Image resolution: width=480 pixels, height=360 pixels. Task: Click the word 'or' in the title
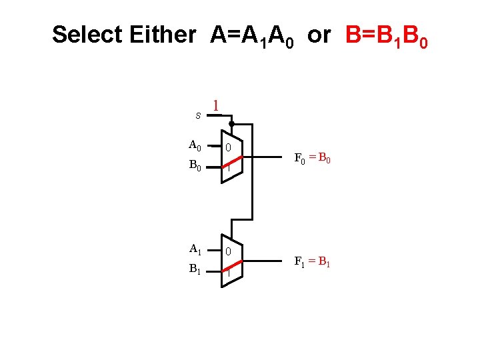point(319,35)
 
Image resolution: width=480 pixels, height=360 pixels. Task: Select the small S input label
point(198,115)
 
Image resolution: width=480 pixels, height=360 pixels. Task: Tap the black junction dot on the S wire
point(231,125)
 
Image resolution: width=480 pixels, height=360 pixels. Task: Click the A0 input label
point(195,145)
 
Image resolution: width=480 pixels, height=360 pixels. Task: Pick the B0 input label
point(195,165)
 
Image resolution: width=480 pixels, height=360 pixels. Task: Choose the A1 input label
point(195,249)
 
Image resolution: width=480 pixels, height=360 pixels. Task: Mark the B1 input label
point(195,270)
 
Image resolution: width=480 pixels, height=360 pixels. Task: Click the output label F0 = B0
point(313,159)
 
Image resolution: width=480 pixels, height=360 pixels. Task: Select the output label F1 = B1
point(313,261)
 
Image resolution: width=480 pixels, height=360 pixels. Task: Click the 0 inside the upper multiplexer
point(228,147)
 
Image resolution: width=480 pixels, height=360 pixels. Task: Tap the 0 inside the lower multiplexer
point(228,252)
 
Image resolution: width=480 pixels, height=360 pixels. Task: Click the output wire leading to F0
point(267,157)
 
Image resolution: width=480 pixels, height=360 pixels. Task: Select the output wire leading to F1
point(267,261)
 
